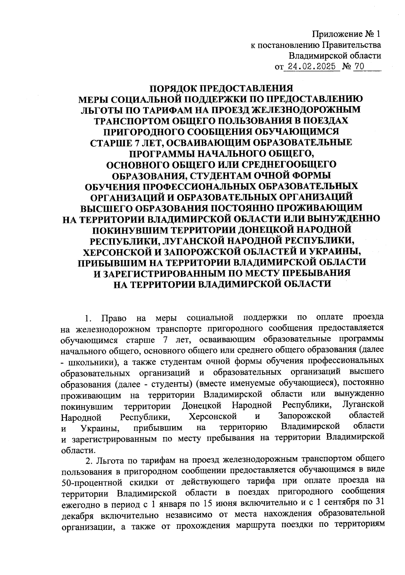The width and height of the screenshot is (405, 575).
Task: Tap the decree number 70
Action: tap(359, 66)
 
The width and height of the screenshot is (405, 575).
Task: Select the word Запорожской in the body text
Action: tap(304, 415)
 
